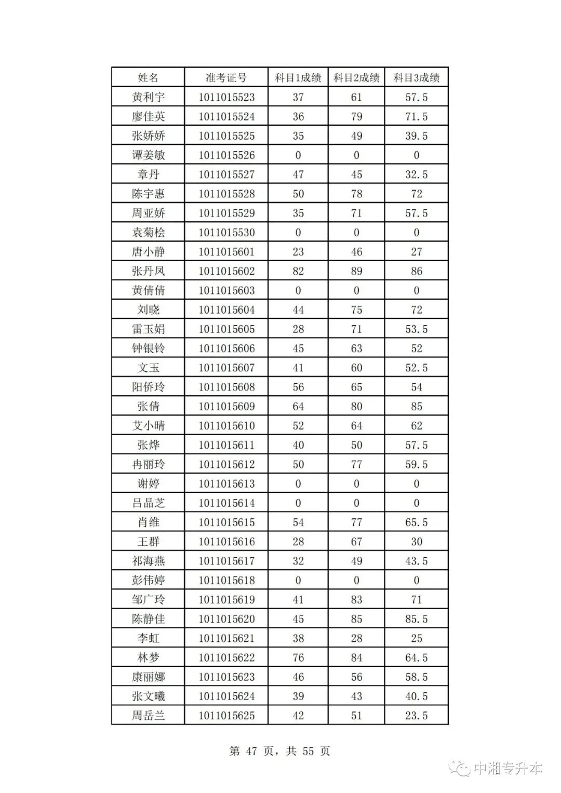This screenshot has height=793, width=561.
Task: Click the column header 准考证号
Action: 226,78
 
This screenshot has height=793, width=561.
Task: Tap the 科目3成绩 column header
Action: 416,78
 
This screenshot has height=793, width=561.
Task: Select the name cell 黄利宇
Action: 148,97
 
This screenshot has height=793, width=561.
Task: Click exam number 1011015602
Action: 226,271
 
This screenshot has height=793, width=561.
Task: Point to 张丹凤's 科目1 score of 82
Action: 298,271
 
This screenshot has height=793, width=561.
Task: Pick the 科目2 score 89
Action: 356,271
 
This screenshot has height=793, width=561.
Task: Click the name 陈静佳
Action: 148,619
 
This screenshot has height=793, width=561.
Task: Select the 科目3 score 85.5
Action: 416,619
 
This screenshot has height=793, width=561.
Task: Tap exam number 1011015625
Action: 226,716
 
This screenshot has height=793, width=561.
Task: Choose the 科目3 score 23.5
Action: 416,716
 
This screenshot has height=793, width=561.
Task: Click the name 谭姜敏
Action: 148,155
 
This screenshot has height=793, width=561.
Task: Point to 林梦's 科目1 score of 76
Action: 298,657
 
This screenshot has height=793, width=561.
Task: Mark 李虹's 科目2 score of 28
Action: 356,638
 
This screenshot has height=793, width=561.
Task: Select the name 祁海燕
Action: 148,561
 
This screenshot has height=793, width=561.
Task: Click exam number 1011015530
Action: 226,233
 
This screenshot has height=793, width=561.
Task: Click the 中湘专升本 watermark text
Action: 507,768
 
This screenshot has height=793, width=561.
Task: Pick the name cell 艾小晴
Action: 148,426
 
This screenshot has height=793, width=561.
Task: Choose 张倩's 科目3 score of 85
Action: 416,407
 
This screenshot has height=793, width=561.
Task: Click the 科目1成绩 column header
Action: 298,78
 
